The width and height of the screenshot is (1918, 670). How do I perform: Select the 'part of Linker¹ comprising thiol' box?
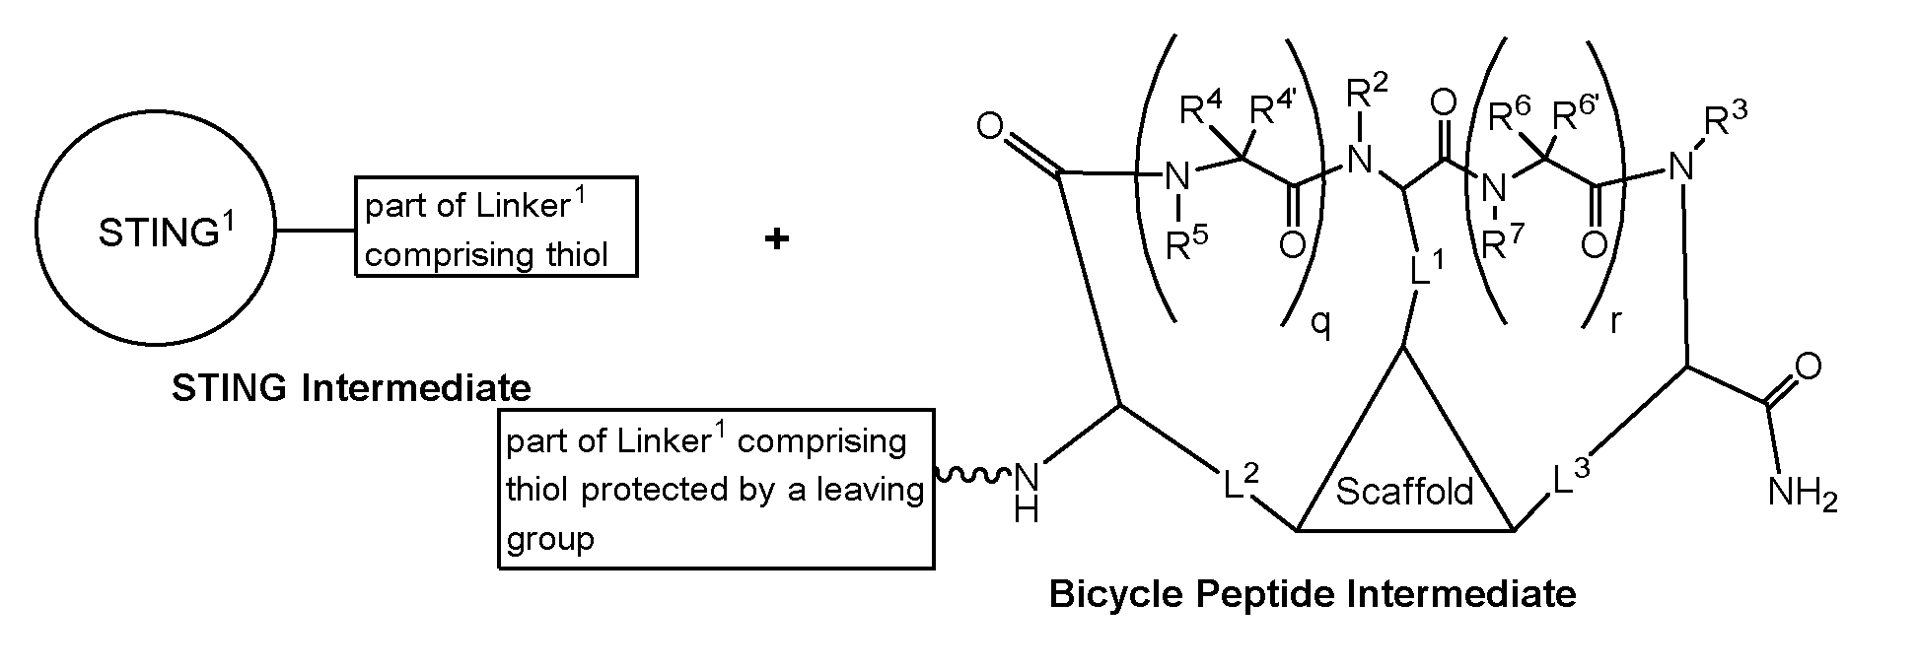[x=496, y=227]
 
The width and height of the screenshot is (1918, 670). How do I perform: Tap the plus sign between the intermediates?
[x=777, y=238]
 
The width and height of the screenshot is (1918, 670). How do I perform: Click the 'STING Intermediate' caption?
[x=351, y=388]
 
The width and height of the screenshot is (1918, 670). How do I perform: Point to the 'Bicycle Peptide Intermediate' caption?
[x=1312, y=594]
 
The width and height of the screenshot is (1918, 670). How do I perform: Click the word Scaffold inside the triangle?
[x=1404, y=491]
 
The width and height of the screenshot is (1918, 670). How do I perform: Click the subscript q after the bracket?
[x=1320, y=322]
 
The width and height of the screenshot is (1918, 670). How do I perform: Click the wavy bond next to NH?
[x=971, y=476]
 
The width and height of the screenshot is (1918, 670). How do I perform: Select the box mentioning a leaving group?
[x=717, y=489]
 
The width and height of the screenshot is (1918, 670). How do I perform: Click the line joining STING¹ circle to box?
[x=317, y=232]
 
